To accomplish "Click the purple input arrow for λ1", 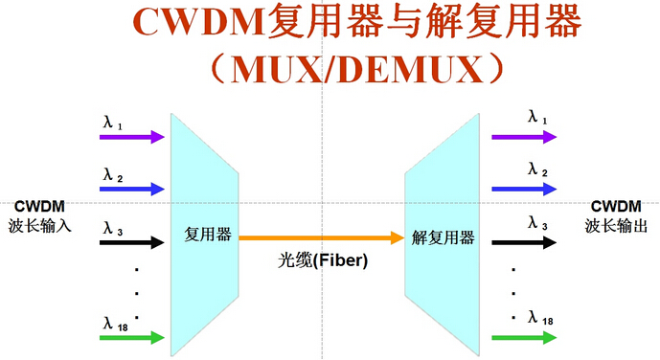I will click(132, 137).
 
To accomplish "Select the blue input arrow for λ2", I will click(132, 189).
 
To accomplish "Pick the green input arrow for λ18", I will click(132, 337).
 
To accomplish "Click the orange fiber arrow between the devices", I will click(320, 236).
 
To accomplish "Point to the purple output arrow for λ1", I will click(523, 137).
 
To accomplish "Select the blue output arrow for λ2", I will click(523, 189).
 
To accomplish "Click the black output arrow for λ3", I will click(523, 241).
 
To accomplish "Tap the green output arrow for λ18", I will click(523, 337).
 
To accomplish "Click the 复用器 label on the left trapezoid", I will click(208, 233).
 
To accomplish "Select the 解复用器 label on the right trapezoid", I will click(443, 237).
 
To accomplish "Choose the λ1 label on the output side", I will click(537, 118).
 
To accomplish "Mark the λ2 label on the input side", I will click(113, 174).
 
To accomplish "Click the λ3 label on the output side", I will click(537, 223).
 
